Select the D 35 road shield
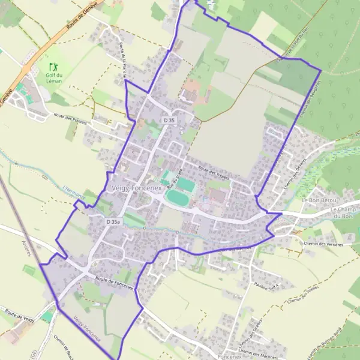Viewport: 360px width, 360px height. pyautogui.click(x=170, y=121)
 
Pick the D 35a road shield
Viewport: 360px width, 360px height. pyautogui.click(x=114, y=222)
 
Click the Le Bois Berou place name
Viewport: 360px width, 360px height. pyautogui.click(x=320, y=200)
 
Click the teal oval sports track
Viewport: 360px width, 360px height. pyautogui.click(x=178, y=196)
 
